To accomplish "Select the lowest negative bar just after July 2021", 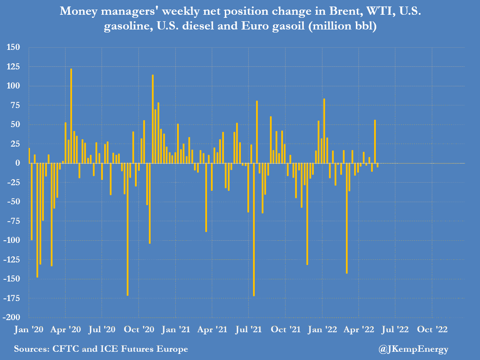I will pyautogui.click(x=254, y=229).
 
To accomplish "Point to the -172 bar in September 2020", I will pyautogui.click(x=128, y=229).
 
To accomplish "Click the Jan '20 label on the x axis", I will pyautogui.click(x=29, y=329).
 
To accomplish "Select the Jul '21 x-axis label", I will pyautogui.click(x=248, y=329).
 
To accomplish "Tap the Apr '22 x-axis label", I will pyautogui.click(x=358, y=329).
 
